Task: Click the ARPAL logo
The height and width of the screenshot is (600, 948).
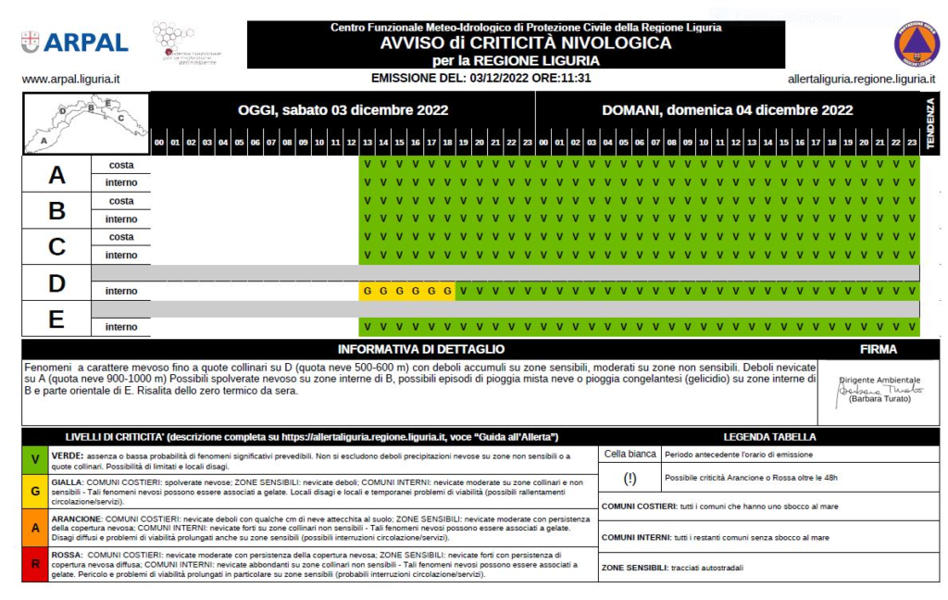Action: [x=75, y=42]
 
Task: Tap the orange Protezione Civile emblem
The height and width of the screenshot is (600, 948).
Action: [x=916, y=43]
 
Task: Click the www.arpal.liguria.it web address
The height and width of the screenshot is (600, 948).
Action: [x=70, y=80]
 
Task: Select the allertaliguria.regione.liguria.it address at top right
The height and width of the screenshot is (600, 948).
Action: [x=861, y=80]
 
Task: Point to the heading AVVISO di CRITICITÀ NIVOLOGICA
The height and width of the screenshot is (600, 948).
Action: [x=526, y=43]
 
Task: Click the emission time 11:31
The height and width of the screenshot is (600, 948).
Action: [x=573, y=78]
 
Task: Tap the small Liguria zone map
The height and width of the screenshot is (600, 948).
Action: [x=85, y=122]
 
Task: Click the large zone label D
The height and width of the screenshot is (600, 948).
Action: [x=56, y=283]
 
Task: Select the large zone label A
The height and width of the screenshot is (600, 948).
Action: [x=56, y=174]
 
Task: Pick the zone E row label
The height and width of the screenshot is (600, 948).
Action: [x=56, y=319]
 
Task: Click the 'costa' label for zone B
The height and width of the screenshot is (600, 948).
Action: [x=121, y=201]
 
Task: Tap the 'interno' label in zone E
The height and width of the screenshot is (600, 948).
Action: [x=121, y=327]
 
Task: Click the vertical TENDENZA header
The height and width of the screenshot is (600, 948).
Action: [x=930, y=122]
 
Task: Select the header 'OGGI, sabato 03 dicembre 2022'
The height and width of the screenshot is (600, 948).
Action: [x=343, y=110]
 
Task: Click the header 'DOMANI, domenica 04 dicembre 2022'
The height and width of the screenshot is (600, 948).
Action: [x=727, y=110]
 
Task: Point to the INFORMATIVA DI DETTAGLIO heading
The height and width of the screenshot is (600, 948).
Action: [x=421, y=349]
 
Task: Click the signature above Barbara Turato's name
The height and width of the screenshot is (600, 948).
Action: [x=879, y=390]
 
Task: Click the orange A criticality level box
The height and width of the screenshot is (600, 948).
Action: [x=35, y=528]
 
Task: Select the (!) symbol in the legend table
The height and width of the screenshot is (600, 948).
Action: [x=630, y=478]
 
